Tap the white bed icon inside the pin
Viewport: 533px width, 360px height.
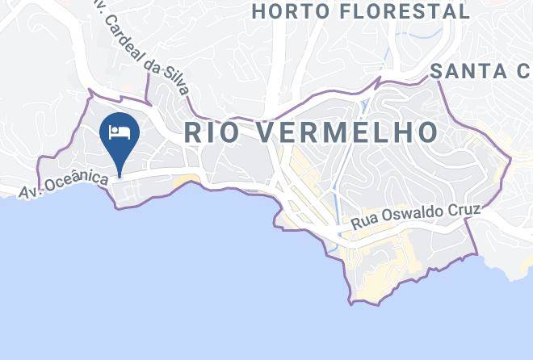(120, 131)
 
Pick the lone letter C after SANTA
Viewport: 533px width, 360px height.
(525, 72)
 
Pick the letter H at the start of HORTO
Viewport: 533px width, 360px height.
(259, 11)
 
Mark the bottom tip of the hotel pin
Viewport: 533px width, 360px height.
(120, 175)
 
